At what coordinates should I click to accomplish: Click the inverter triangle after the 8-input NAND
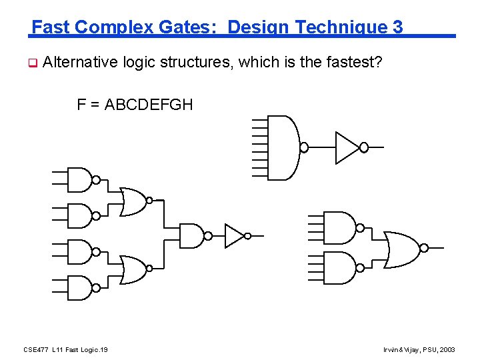tap(345, 147)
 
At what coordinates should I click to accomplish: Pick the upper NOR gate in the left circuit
tap(133, 200)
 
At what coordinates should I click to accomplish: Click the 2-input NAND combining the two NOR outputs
tap(191, 235)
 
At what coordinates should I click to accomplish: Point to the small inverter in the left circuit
tap(234, 235)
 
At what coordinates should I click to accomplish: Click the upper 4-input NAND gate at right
tap(339, 227)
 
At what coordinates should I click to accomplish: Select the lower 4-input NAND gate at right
tap(339, 267)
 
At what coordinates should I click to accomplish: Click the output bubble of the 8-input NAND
tap(304, 147)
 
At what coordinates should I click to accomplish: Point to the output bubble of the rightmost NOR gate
tap(424, 247)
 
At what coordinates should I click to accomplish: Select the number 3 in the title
tap(398, 27)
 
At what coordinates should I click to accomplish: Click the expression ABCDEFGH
tap(149, 104)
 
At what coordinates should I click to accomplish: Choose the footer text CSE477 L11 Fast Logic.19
tap(66, 349)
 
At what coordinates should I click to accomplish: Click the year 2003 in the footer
tap(448, 349)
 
